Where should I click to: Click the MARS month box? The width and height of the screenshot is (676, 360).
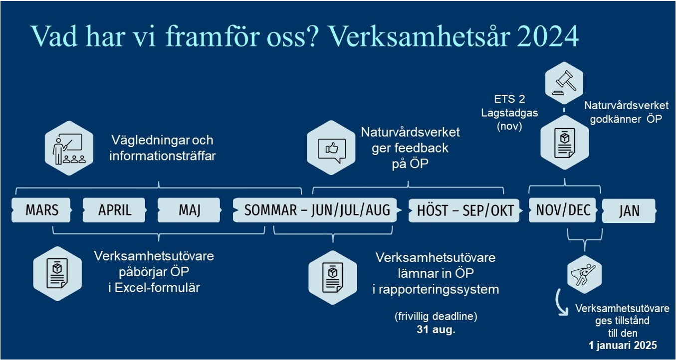(x=42, y=210)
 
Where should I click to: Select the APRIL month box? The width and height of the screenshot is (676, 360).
(x=114, y=210)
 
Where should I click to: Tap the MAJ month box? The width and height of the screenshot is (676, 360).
(x=189, y=210)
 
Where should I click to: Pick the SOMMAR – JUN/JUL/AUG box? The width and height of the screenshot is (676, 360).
(x=317, y=210)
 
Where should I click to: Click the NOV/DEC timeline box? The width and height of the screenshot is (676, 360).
(x=563, y=210)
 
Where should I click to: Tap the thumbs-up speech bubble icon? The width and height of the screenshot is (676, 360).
(x=331, y=148)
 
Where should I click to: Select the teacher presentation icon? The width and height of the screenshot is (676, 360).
(x=69, y=148)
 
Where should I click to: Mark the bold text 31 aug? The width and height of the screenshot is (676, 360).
(x=436, y=330)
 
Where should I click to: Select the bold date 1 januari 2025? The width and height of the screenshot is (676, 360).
(x=623, y=345)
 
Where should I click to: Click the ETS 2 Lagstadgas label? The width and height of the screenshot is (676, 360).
(x=509, y=113)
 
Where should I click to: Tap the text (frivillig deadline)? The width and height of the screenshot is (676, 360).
(x=436, y=317)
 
